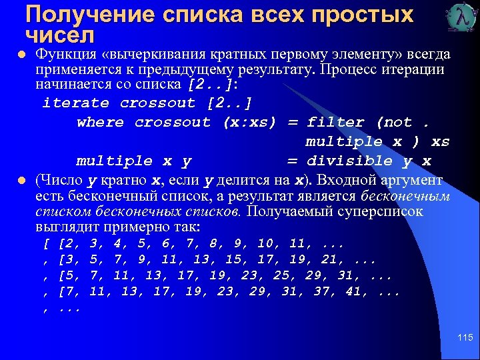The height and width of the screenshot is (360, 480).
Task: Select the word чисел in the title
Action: click(x=59, y=33)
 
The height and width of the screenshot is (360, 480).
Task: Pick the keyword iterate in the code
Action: click(x=75, y=103)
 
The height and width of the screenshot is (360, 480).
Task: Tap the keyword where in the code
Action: click(x=100, y=123)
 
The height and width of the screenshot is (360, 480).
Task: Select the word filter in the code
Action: click(x=335, y=123)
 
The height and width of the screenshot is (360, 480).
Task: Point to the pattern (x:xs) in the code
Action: click(x=249, y=123)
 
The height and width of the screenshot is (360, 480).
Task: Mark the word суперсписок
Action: click(x=385, y=212)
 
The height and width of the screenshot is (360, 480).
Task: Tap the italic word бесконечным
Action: click(x=405, y=196)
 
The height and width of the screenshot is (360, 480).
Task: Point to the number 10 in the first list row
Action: click(x=265, y=243)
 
